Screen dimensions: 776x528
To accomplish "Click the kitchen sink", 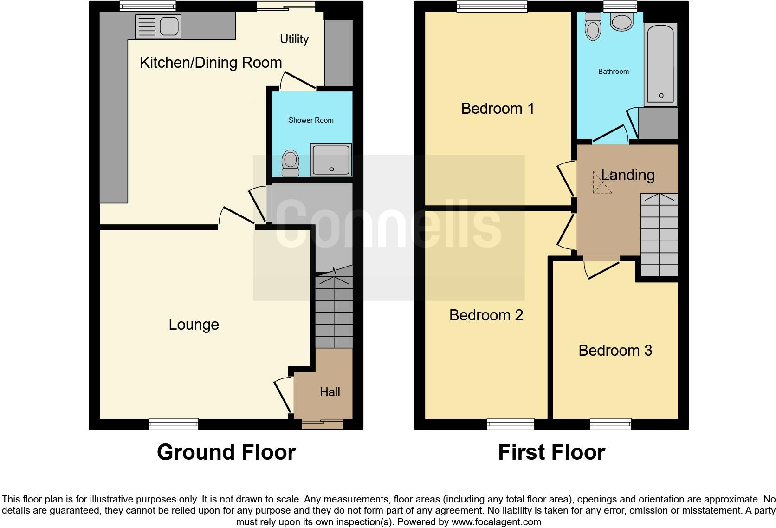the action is [158, 26].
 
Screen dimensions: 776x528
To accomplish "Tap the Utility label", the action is [294, 39].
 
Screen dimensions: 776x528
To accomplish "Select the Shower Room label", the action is [311, 120].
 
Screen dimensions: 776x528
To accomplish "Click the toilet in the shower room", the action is [291, 163].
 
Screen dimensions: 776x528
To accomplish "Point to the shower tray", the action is [331, 160].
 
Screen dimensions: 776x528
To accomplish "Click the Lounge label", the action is [194, 325].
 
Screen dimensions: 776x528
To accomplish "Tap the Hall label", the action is [330, 392].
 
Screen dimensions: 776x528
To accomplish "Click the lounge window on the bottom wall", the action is [174, 424].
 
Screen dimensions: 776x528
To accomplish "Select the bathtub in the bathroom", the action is [661, 65].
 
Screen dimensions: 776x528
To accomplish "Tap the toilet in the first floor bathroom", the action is [593, 26].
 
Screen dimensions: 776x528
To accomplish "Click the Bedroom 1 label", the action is [498, 109].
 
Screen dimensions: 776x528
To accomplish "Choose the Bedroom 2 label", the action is [486, 315].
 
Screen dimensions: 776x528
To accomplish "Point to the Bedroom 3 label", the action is [615, 351].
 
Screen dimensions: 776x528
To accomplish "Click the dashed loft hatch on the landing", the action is [602, 182].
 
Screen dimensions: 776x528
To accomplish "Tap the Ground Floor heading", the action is [226, 452].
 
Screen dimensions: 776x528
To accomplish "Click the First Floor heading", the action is [551, 452].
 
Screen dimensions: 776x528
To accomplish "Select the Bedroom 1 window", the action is [492, 7].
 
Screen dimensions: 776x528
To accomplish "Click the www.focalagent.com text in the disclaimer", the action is [496, 522].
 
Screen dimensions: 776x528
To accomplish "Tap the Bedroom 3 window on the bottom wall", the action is [611, 424].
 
